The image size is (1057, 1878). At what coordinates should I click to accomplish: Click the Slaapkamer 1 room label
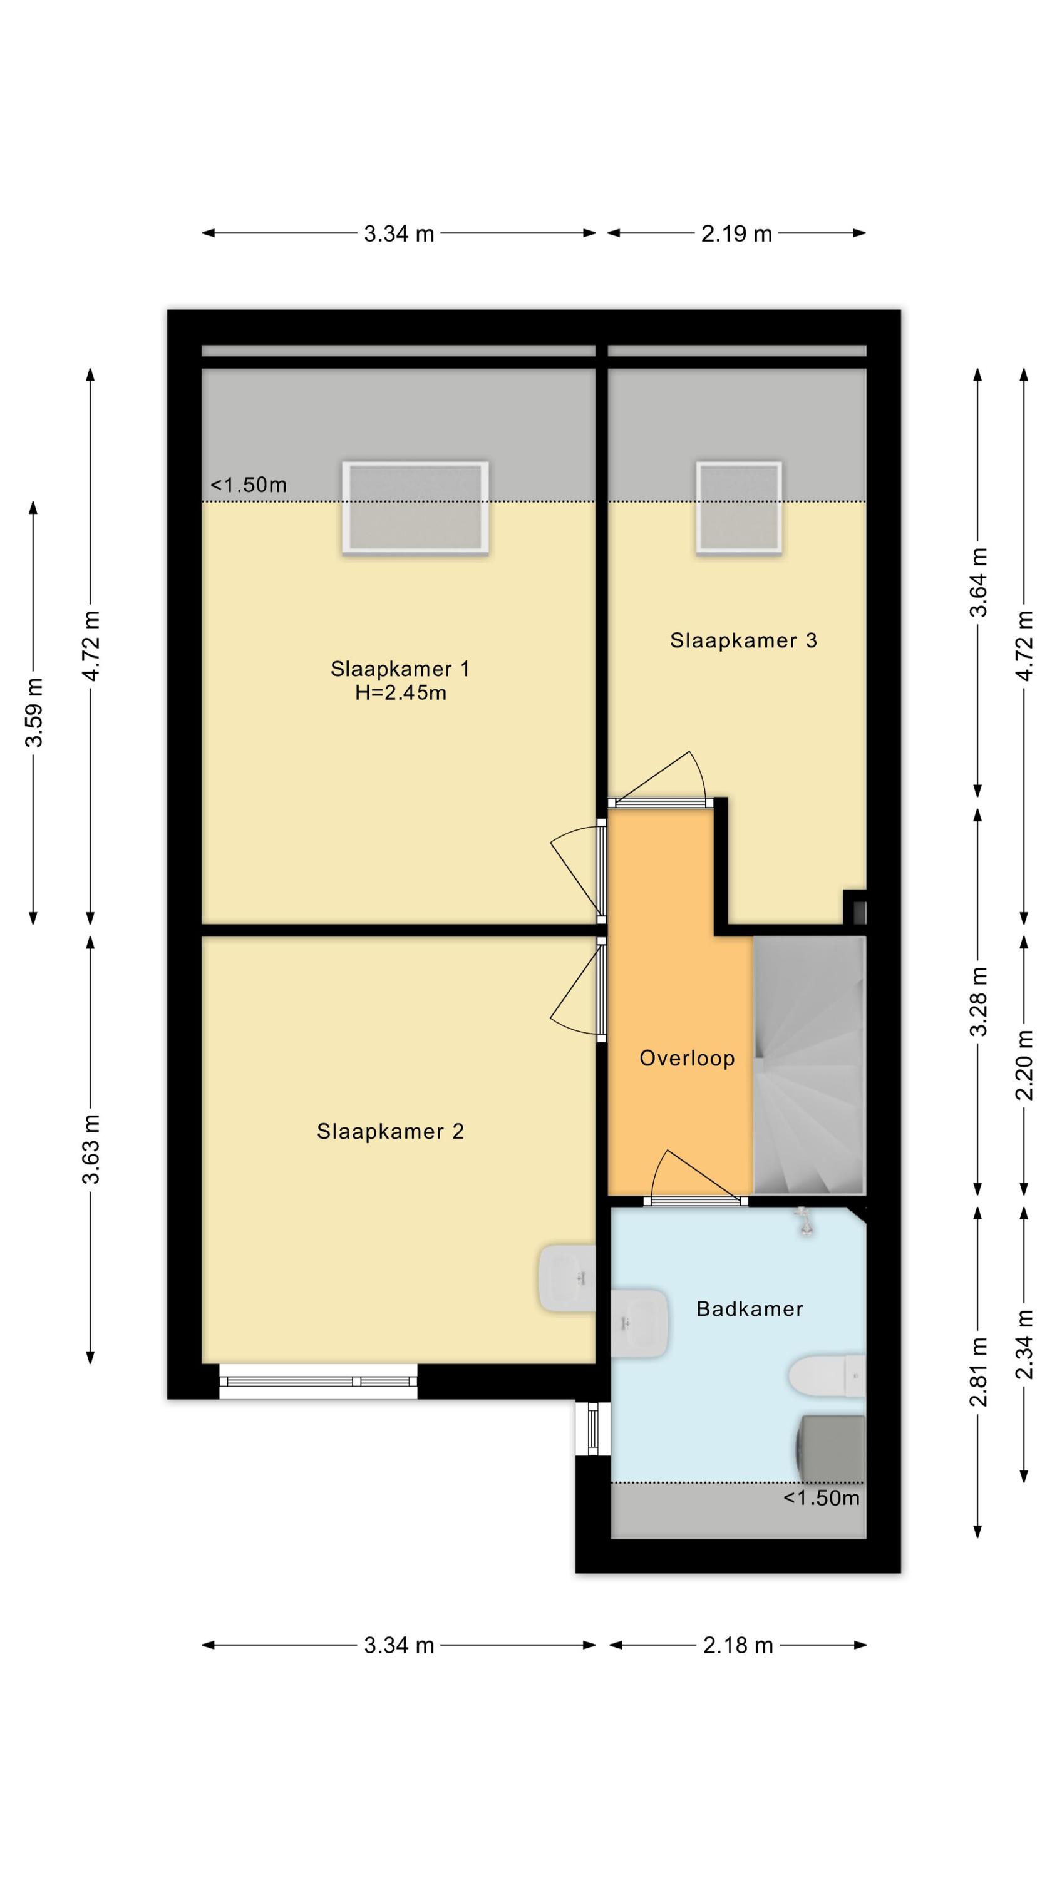pyautogui.click(x=399, y=669)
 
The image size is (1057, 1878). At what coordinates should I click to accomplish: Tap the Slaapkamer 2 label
pyautogui.click(x=390, y=1131)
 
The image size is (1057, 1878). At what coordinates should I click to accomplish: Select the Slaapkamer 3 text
pyautogui.click(x=743, y=640)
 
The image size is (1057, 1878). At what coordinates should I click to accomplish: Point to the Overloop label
pyautogui.click(x=686, y=1058)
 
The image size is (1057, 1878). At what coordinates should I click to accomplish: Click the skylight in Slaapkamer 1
pyautogui.click(x=415, y=506)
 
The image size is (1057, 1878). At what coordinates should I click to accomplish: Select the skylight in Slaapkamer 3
pyautogui.click(x=739, y=506)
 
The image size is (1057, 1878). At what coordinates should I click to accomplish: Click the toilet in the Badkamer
pyautogui.click(x=827, y=1376)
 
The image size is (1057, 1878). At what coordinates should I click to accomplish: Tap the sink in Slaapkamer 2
pyautogui.click(x=567, y=1278)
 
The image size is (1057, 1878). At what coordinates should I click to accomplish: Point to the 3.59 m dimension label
pyautogui.click(x=34, y=712)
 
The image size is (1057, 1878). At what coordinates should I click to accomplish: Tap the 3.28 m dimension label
pyautogui.click(x=978, y=1001)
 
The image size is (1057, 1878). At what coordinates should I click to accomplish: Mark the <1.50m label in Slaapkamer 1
pyautogui.click(x=249, y=485)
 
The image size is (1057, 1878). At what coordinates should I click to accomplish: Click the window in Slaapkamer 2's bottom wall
pyautogui.click(x=318, y=1382)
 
